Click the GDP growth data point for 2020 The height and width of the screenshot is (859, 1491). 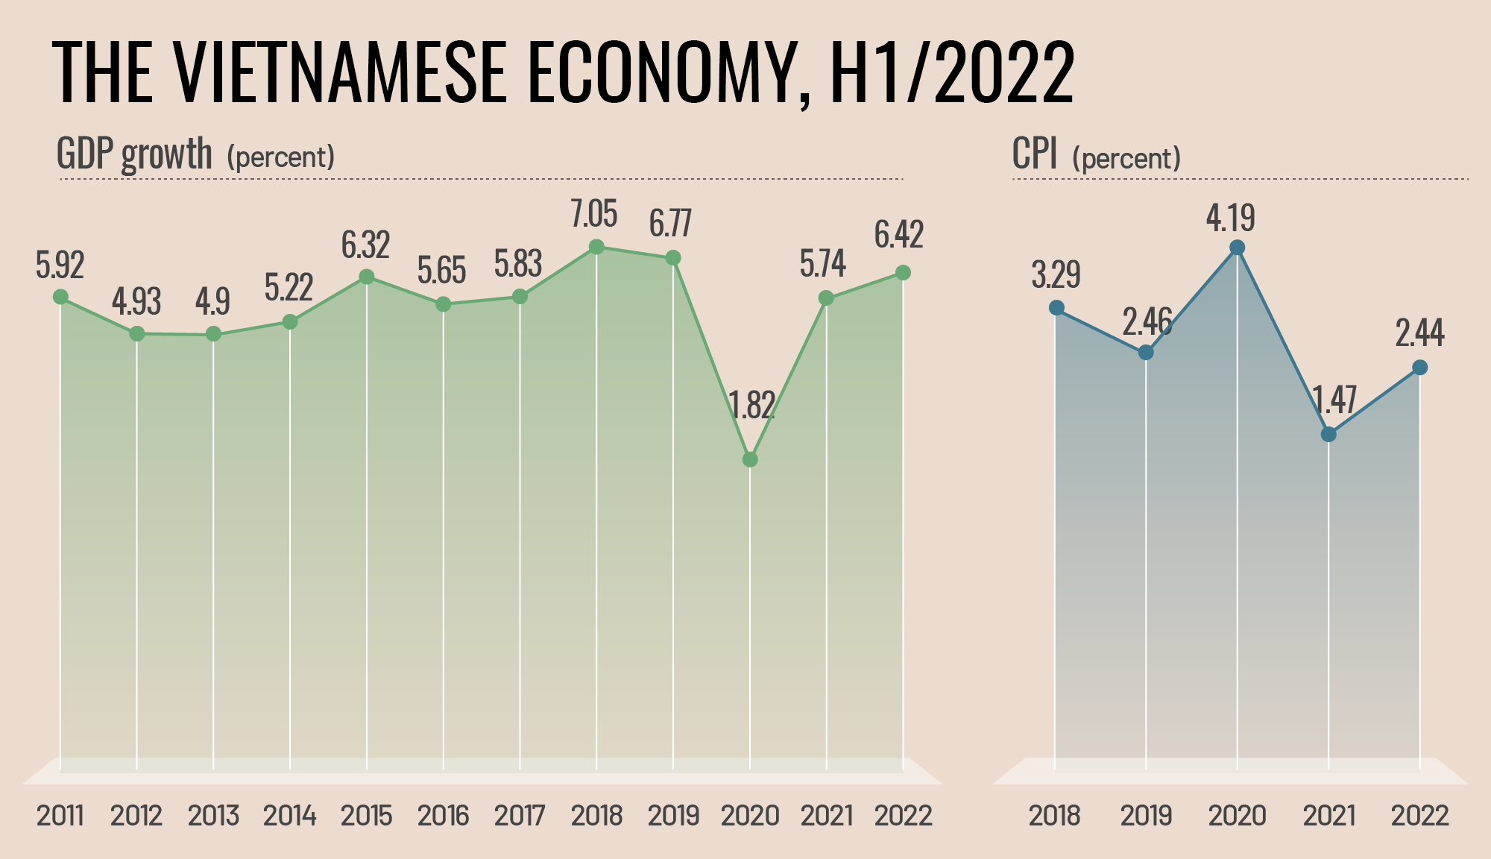tap(751, 459)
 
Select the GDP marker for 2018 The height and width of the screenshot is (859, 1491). tap(596, 247)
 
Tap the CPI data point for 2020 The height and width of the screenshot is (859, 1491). tap(1238, 248)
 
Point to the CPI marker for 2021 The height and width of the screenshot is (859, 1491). tap(1328, 434)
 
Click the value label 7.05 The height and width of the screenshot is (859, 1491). tap(594, 215)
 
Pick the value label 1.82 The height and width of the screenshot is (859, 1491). tap(751, 406)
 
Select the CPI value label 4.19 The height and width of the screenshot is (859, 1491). tap(1231, 218)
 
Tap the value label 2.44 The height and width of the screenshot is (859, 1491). tap(1419, 333)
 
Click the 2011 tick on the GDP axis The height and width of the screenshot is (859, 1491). tap(60, 816)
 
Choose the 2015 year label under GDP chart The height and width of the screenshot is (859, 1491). tap(366, 816)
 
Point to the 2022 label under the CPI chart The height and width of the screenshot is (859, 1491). tap(1419, 816)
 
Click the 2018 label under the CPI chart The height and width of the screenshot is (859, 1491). tap(1054, 816)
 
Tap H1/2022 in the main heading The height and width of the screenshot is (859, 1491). tap(952, 72)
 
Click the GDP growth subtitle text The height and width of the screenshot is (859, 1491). tap(135, 154)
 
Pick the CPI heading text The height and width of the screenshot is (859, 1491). tap(1035, 154)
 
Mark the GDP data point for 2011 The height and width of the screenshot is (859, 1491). tap(61, 297)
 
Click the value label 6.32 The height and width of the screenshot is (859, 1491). tap(365, 245)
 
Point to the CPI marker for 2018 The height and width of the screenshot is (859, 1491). tap(1056, 308)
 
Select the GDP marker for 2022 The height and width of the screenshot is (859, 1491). tap(903, 273)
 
